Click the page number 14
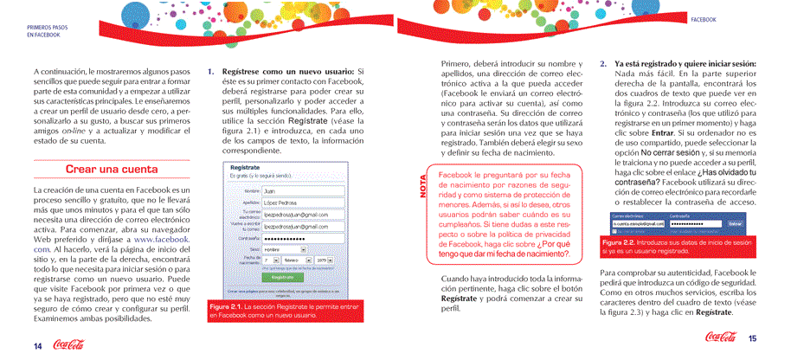(38, 345)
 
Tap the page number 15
(753, 339)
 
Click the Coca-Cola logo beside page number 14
(68, 344)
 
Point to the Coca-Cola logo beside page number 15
(720, 337)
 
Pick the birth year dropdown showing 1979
(324, 259)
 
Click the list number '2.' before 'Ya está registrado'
(603, 64)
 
